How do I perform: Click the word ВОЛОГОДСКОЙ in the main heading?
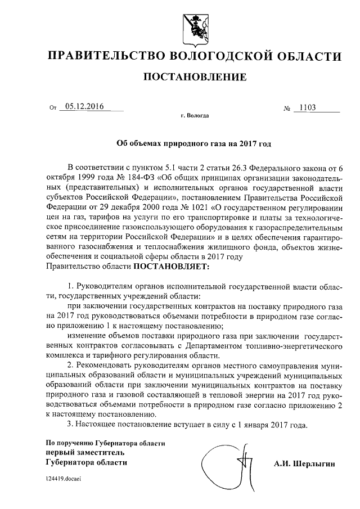point(215,56)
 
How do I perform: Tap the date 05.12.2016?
point(84,106)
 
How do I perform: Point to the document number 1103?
point(308,107)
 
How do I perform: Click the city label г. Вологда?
point(195,115)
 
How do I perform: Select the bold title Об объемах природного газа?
point(194,144)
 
